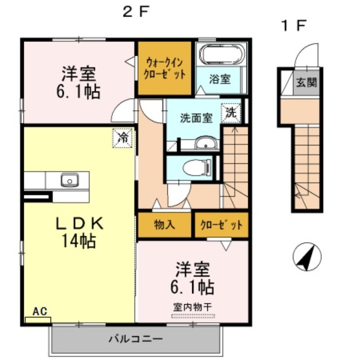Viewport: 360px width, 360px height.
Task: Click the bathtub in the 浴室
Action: click(221, 54)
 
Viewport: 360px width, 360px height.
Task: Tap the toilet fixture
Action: click(197, 167)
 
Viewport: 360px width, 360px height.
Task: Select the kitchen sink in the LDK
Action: click(70, 180)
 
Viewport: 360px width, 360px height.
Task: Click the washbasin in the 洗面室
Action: click(206, 143)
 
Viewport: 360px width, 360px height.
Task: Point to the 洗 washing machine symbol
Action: click(231, 113)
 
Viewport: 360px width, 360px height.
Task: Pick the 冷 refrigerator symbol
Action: click(122, 138)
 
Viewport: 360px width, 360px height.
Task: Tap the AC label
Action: click(40, 311)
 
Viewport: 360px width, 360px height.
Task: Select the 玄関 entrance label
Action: click(306, 82)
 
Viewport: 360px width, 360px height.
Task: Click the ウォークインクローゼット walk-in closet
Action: click(164, 68)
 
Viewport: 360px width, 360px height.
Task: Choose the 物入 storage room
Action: click(164, 225)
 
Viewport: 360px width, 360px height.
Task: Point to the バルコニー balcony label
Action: click(136, 339)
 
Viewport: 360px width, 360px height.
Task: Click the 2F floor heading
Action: click(136, 12)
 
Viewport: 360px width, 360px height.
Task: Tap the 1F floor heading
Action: click(294, 26)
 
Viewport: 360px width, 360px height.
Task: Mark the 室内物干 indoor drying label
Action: click(193, 307)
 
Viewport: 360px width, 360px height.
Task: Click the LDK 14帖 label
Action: click(80, 232)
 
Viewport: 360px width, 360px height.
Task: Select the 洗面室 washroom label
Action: click(196, 118)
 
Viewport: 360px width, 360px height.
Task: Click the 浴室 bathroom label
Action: click(220, 79)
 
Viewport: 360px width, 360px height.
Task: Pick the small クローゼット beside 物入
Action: click(221, 225)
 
